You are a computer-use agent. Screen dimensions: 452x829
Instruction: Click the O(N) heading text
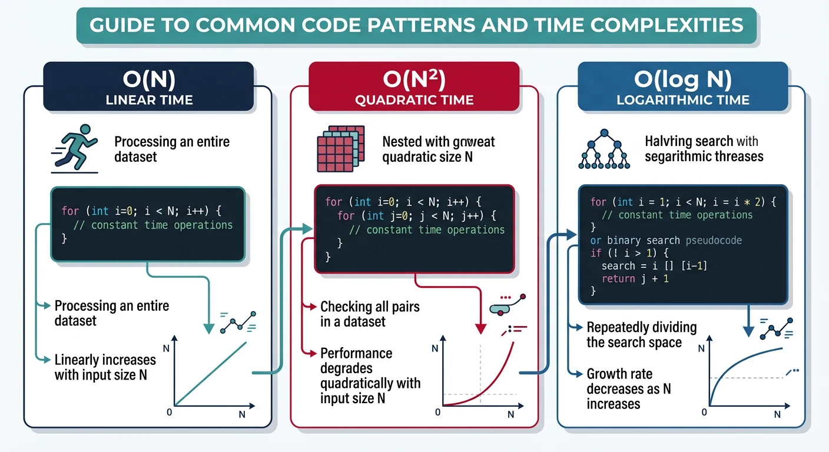point(149,79)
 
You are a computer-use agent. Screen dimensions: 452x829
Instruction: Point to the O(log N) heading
point(682,79)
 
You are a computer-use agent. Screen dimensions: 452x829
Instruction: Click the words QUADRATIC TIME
point(414,100)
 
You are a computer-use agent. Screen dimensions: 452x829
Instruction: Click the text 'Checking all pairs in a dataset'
point(370,314)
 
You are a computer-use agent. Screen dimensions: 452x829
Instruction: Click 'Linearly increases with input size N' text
point(105,367)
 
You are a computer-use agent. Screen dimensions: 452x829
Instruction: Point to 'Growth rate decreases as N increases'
point(629,388)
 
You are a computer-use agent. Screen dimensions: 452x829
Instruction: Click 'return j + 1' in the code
point(635,279)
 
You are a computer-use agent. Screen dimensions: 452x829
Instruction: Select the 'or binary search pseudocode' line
point(665,241)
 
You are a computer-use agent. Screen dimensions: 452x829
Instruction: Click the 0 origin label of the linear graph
point(170,412)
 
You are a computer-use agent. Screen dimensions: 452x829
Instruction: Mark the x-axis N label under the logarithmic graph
point(777,414)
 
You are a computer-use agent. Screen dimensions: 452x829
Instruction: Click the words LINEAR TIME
point(149,100)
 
